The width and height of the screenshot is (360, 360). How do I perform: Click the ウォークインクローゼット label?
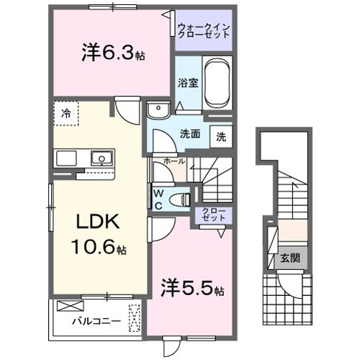point(204,31)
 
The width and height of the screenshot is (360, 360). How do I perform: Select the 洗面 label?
point(189,134)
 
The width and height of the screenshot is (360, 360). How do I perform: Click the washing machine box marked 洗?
point(221,137)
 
